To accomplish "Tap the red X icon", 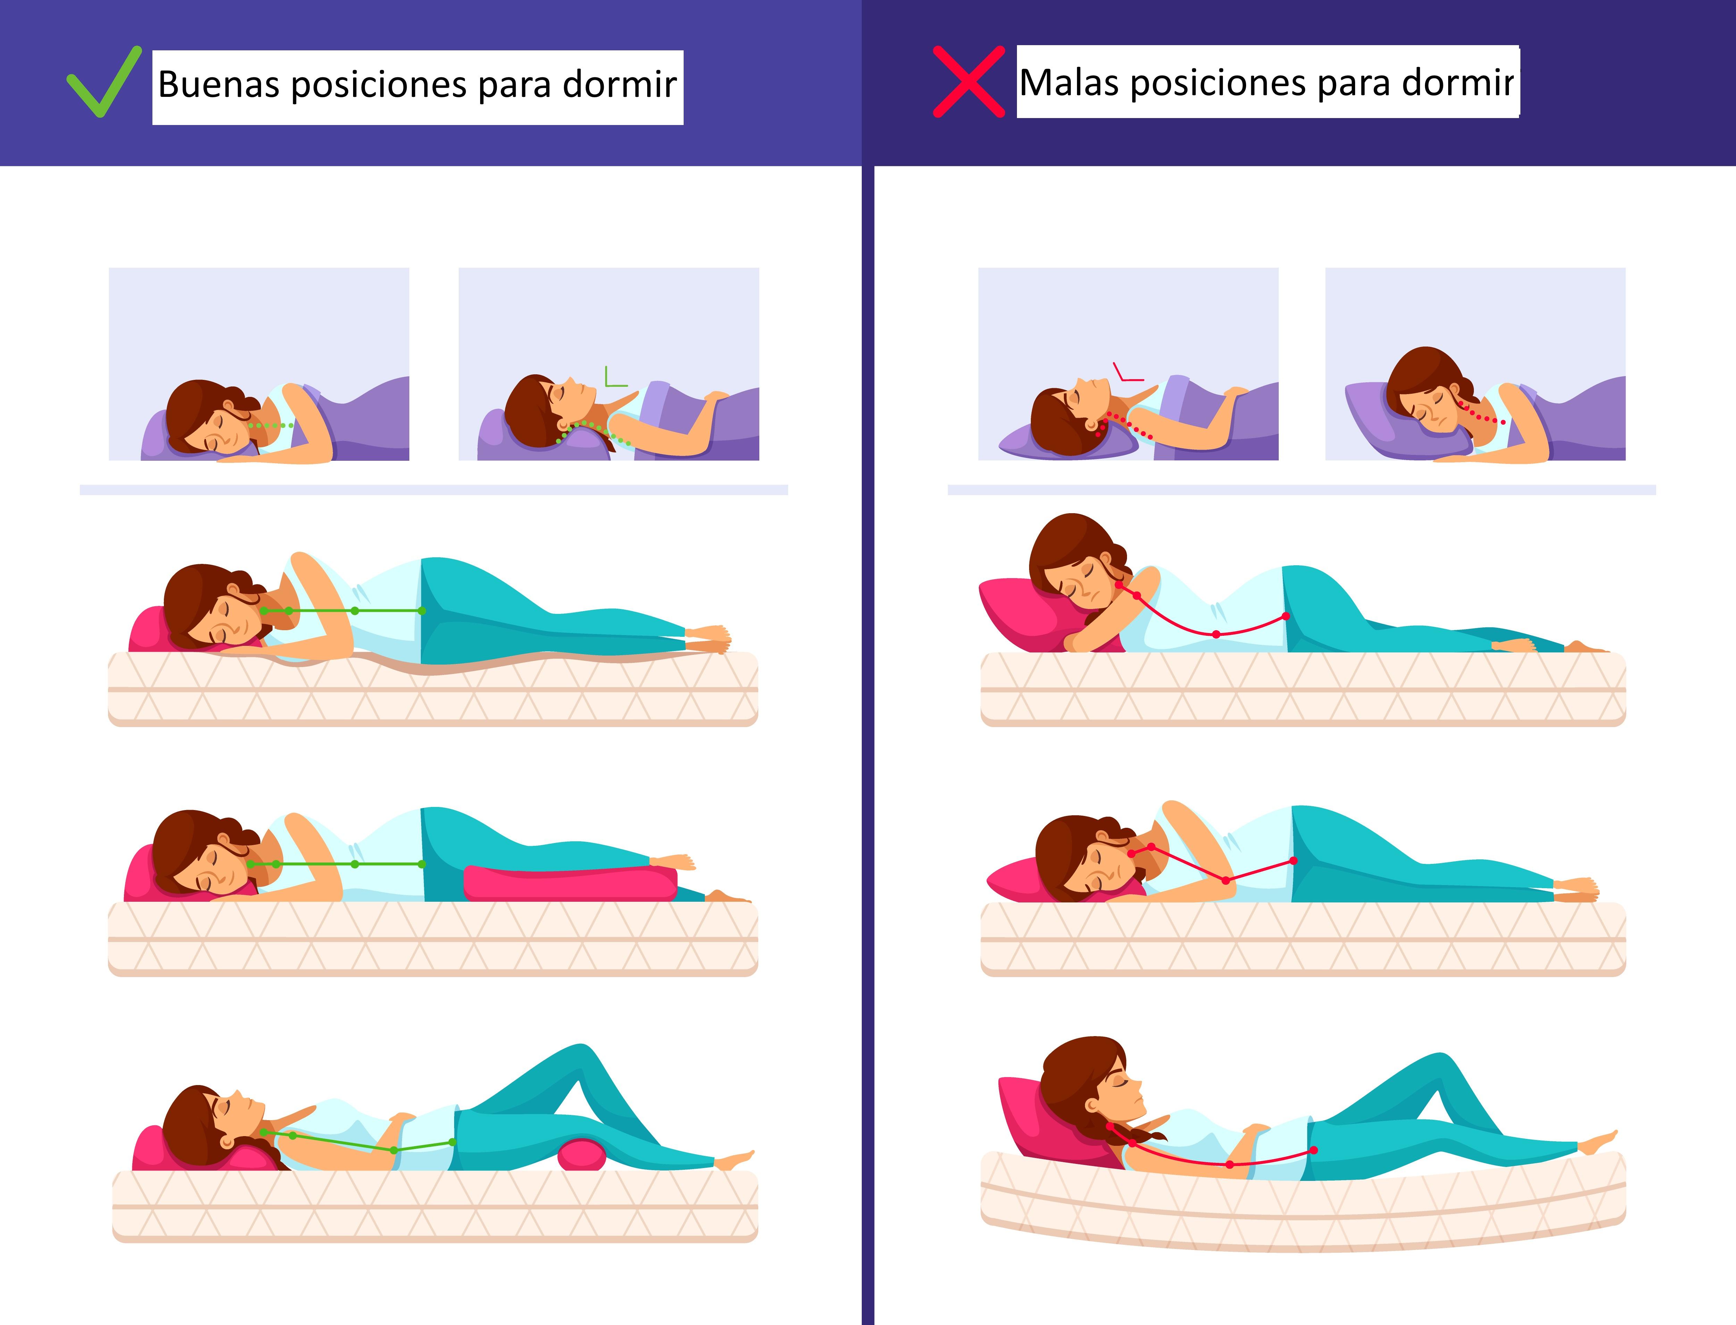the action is pos(969,81).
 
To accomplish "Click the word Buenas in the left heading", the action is pos(218,84).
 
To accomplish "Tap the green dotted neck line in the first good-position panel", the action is pos(270,425).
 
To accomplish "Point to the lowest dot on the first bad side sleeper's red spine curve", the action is pos(1216,634).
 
